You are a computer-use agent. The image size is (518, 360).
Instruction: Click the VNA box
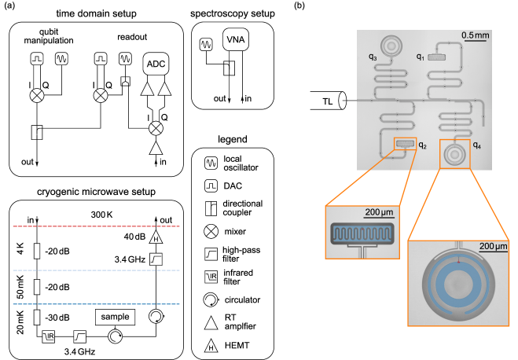click(x=235, y=40)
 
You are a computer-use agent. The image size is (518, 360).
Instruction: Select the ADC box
click(x=156, y=64)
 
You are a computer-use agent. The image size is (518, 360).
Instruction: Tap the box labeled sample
click(x=115, y=317)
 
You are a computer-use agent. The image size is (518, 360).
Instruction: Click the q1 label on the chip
click(x=421, y=57)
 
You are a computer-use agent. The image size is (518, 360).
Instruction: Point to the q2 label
click(x=423, y=145)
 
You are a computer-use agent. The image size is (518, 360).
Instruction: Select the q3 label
click(x=372, y=58)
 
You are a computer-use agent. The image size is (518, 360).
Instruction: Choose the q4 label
click(x=476, y=145)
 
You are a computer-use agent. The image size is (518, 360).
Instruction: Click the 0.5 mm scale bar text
click(x=475, y=36)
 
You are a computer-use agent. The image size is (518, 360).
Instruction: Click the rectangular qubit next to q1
click(x=437, y=57)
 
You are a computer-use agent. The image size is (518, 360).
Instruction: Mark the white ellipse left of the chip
click(x=342, y=101)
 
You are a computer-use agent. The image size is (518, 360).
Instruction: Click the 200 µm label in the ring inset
click(x=493, y=247)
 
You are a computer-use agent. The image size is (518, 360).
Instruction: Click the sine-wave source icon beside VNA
click(x=206, y=45)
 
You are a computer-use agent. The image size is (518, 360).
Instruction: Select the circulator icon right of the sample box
click(x=156, y=316)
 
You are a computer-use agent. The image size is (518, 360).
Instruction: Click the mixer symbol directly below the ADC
click(x=156, y=127)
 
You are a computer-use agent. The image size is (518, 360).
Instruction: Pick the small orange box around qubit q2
click(x=405, y=143)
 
